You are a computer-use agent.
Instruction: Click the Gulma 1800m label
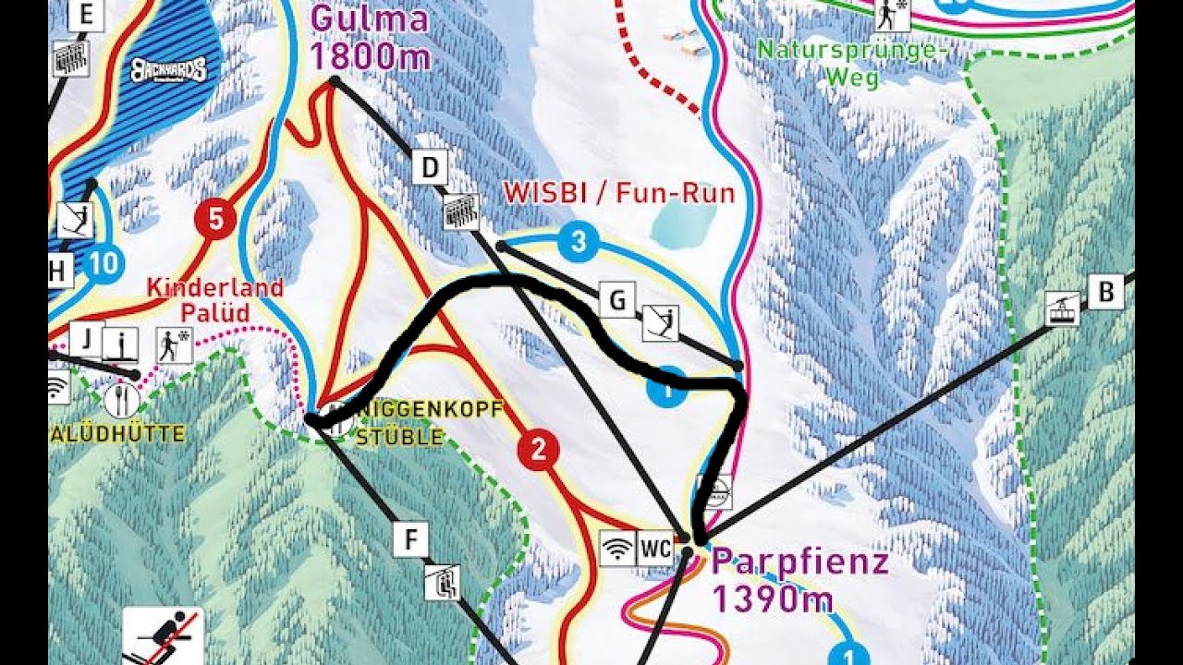(x=371, y=38)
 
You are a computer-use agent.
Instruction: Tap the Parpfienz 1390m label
(x=799, y=580)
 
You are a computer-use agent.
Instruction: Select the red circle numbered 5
(x=215, y=220)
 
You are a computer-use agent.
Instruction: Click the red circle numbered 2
(x=539, y=450)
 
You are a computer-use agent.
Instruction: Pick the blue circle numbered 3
(x=579, y=244)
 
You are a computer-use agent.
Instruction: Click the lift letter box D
(x=430, y=169)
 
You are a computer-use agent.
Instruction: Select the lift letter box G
(x=617, y=300)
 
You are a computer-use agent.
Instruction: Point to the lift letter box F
(x=411, y=539)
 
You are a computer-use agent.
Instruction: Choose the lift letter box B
(x=1105, y=292)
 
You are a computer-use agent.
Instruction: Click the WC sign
(x=655, y=548)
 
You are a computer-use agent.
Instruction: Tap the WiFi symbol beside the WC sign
(x=617, y=548)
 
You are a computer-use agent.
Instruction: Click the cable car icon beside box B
(x=1063, y=308)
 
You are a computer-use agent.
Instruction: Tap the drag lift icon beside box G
(x=661, y=322)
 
